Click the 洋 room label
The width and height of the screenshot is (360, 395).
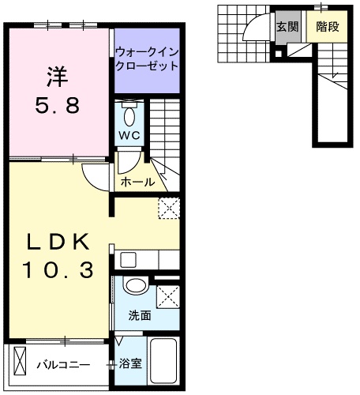pyautogui.click(x=57, y=77)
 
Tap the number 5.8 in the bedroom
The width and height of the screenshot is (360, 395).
pyautogui.click(x=58, y=105)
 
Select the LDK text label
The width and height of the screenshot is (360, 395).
pyautogui.click(x=58, y=242)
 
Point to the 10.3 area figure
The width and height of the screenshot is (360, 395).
pyautogui.click(x=58, y=269)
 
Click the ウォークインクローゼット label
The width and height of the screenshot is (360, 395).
pyautogui.click(x=147, y=58)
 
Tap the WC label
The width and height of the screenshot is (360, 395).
pyautogui.click(x=129, y=135)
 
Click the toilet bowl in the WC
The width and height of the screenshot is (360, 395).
pyautogui.click(x=129, y=116)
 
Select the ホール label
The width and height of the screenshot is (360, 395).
pyautogui.click(x=137, y=182)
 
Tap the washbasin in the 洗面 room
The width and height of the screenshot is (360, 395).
pyautogui.click(x=135, y=285)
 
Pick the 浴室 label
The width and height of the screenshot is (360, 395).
pyautogui.click(x=130, y=363)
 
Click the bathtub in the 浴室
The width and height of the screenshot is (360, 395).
pyautogui.click(x=163, y=361)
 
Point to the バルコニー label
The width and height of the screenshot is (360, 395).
pyautogui.click(x=63, y=365)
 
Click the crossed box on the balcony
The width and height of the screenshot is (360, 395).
pyautogui.click(x=20, y=361)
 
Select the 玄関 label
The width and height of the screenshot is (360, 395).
pyautogui.click(x=287, y=27)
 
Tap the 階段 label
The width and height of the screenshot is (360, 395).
pyautogui.click(x=328, y=26)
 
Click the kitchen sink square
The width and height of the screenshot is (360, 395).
pyautogui.click(x=129, y=260)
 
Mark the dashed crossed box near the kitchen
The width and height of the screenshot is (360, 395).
pyautogui.click(x=169, y=208)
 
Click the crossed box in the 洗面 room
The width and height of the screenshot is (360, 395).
pyautogui.click(x=168, y=296)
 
